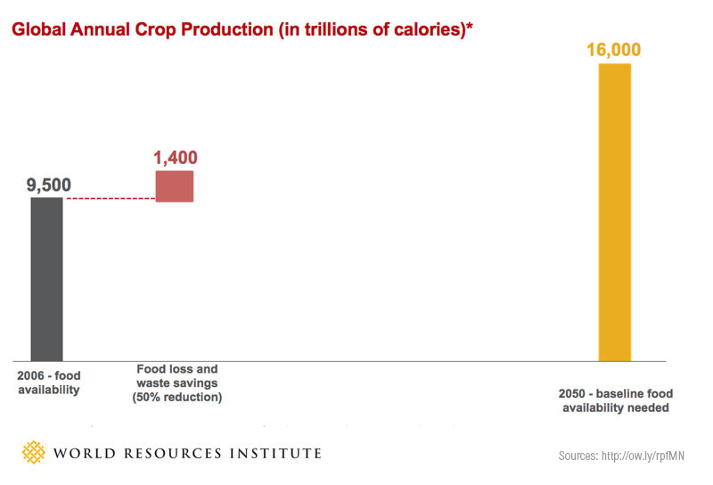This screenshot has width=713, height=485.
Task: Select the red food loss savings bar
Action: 174,185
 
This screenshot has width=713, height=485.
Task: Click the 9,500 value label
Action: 48,185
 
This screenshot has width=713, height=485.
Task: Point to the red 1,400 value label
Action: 175,158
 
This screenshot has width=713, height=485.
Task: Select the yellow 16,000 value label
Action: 614,49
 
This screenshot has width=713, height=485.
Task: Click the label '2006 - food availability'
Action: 48,382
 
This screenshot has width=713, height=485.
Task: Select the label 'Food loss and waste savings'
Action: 176,375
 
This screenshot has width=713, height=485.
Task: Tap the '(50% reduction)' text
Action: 176,397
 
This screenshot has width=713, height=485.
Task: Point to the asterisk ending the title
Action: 470,27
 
